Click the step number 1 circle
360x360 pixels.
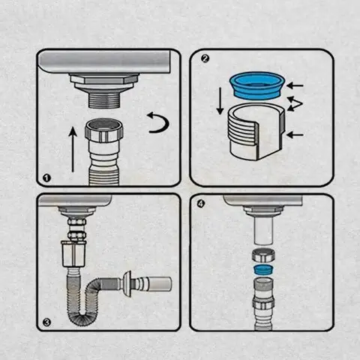[46, 178]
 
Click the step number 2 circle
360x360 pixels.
[205, 59]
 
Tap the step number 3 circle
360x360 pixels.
[46, 322]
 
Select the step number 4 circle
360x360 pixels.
[201, 204]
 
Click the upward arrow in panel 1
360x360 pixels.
[73, 149]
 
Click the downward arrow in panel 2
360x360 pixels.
[220, 101]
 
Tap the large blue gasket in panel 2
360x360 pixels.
[257, 85]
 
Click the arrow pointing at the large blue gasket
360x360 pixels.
[295, 85]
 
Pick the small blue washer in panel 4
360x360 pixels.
[263, 270]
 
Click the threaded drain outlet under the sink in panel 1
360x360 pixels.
[104, 100]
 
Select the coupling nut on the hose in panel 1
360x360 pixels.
[103, 131]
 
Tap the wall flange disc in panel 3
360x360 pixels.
[127, 284]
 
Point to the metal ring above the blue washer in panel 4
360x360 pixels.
[263, 255]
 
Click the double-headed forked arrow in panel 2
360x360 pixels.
[295, 103]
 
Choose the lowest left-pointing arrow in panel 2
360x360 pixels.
[295, 135]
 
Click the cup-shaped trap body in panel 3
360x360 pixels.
[74, 253]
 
